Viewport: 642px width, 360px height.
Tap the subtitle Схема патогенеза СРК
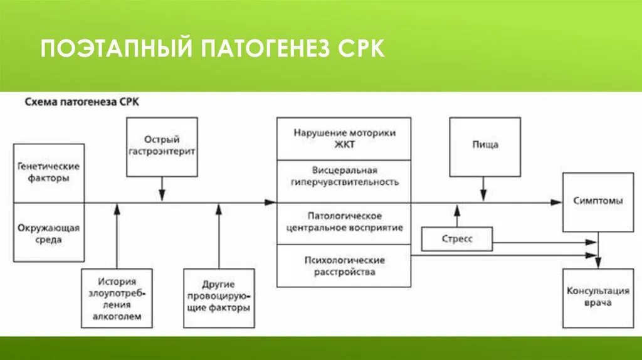tap(82, 102)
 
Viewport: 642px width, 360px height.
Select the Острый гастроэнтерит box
tap(162, 146)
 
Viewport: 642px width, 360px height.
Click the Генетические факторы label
tap(49, 172)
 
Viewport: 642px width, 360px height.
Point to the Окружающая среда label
tap(49, 233)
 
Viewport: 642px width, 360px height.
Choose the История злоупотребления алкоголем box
tap(117, 299)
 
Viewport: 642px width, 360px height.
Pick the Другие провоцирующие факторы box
tap(219, 299)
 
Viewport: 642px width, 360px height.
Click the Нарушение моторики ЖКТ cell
tap(344, 139)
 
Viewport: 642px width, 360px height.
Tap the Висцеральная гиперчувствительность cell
tap(344, 176)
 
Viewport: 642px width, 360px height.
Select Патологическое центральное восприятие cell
tap(344, 222)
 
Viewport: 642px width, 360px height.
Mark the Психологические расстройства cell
tap(344, 266)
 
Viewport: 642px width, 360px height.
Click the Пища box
tap(485, 146)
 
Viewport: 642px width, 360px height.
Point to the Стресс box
tap(456, 239)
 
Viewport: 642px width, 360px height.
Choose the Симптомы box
tap(598, 201)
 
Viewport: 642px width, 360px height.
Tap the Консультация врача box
tap(598, 297)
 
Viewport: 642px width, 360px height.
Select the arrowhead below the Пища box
tap(484, 196)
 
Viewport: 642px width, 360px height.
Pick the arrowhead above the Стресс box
tap(457, 209)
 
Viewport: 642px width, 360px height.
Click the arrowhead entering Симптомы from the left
tap(557, 202)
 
